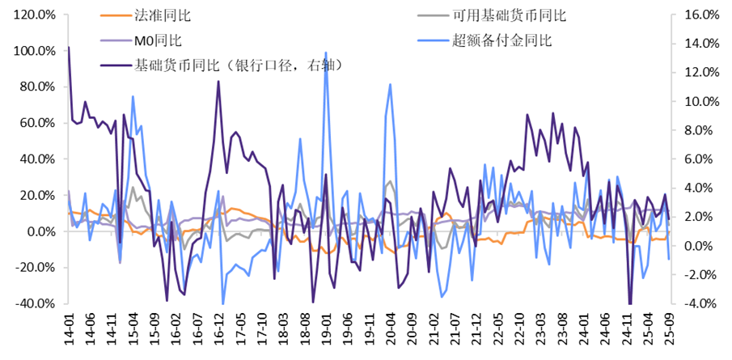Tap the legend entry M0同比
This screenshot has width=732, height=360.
pos(157,39)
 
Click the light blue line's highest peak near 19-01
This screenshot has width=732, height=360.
pos(326,53)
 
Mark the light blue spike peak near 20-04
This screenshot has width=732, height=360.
pos(391,84)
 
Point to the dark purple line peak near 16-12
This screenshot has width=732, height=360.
pos(218,81)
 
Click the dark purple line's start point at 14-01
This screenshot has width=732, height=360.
pos(68,47)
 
